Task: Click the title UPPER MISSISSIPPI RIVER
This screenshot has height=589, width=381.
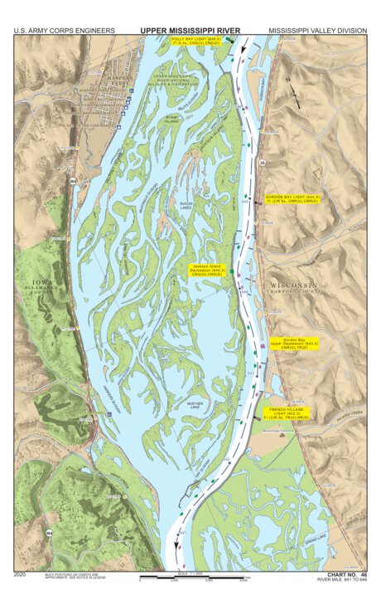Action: pyautogui.click(x=190, y=31)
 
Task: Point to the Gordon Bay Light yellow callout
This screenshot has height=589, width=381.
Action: pyautogui.click(x=292, y=199)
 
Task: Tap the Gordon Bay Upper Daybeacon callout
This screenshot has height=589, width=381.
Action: pyautogui.click(x=300, y=344)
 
